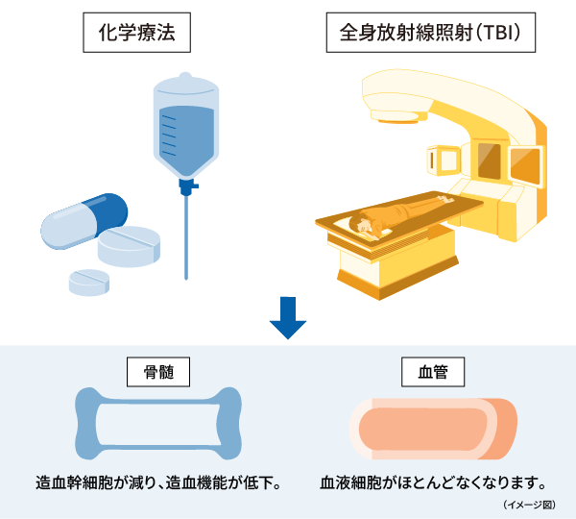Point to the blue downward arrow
point(287,318)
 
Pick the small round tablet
point(88,280)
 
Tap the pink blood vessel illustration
point(432,426)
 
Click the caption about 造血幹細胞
point(157,481)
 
